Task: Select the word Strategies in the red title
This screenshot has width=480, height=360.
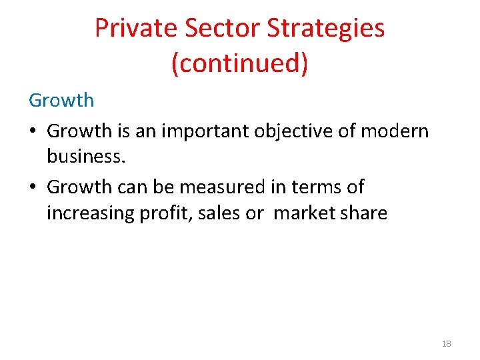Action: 326,28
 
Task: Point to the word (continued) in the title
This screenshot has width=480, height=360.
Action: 240,63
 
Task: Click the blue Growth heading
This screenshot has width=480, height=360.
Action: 61,101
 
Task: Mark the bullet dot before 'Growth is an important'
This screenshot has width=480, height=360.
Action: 33,131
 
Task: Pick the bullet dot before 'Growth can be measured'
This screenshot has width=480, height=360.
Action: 33,187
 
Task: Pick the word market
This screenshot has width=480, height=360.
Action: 306,213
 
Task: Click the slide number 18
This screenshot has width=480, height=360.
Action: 447,343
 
